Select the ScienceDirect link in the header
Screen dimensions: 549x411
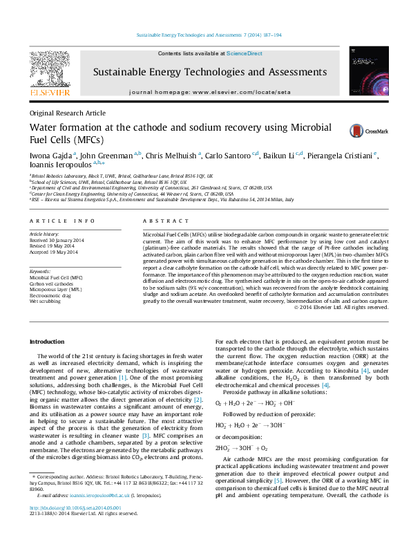pyautogui.click(x=245, y=53)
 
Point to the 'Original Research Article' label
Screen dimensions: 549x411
pyautogui.click(x=67, y=113)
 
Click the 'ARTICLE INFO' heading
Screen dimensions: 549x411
pyautogui.click(x=62, y=221)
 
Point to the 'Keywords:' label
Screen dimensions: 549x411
pyautogui.click(x=40, y=272)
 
